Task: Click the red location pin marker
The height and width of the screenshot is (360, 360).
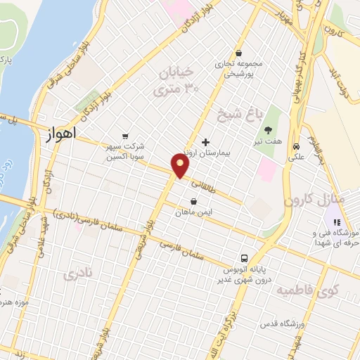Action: click(181, 165)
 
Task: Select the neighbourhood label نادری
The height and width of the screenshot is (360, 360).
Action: click(78, 274)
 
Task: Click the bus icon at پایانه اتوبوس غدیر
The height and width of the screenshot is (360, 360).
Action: click(244, 258)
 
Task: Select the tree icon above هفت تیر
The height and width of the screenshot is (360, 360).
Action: click(268, 129)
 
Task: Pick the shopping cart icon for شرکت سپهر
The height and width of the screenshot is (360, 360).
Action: click(125, 136)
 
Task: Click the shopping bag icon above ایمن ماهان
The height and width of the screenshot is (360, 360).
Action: click(193, 200)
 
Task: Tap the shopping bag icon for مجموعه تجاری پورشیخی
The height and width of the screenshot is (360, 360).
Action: click(238, 53)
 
